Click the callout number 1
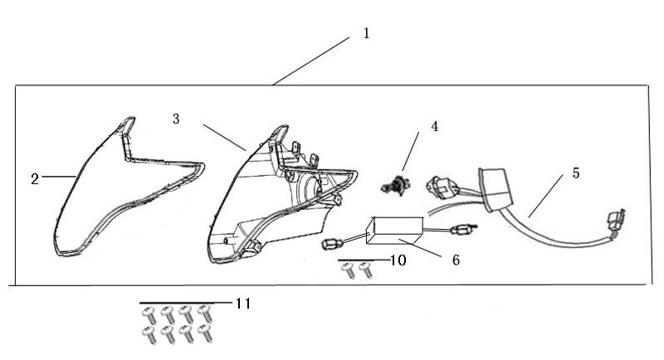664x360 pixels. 366,34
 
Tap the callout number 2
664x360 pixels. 35,178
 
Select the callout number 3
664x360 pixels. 175,119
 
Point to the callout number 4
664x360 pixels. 433,127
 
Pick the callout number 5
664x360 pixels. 575,173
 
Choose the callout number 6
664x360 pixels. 456,260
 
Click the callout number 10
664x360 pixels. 398,260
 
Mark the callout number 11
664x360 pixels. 242,304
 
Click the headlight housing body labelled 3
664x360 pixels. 274,199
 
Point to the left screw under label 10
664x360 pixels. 349,270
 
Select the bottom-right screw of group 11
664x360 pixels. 206,334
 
